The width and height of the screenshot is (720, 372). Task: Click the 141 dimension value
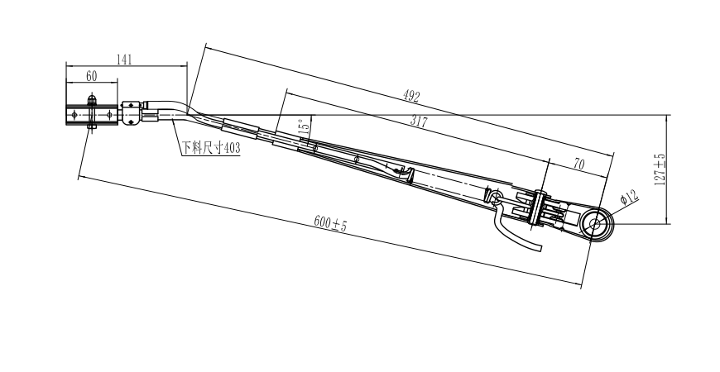[x=124, y=60]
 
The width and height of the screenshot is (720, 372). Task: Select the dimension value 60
[x=91, y=76]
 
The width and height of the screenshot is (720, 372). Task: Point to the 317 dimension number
[x=419, y=122]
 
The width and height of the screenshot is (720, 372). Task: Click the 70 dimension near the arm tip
[x=579, y=164]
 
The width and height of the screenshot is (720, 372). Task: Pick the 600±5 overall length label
[x=330, y=223]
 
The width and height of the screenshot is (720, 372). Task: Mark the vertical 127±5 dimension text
[x=660, y=169]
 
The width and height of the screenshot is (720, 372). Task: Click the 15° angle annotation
[x=304, y=126]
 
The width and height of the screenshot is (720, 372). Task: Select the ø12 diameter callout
[x=629, y=197]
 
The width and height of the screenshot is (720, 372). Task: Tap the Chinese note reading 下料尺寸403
[x=211, y=148]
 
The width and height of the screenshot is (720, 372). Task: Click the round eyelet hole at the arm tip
[x=595, y=224]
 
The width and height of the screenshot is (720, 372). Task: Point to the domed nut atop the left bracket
[x=92, y=99]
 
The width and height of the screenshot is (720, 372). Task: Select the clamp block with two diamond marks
[x=131, y=113]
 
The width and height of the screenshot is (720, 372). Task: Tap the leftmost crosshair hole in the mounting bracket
[x=74, y=115]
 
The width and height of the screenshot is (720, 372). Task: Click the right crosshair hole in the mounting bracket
[x=109, y=115]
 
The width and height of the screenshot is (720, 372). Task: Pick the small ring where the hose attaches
[x=496, y=198]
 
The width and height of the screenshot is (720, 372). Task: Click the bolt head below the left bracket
[x=91, y=126]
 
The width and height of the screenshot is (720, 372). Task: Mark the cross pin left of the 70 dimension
[x=538, y=207]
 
